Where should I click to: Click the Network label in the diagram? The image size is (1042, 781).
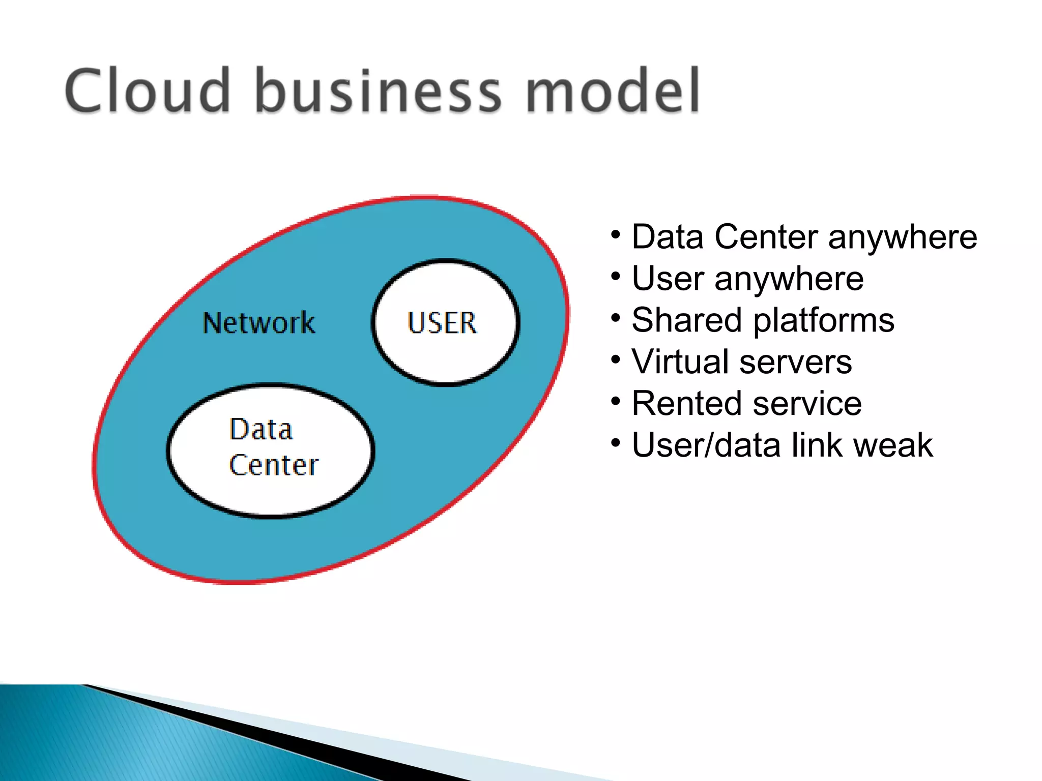pos(258,323)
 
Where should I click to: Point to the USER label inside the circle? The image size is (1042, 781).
pos(442,323)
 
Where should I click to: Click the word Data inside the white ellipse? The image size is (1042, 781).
pos(261,430)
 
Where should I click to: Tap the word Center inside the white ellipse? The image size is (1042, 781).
pos(274,465)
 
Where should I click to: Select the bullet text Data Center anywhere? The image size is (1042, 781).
pos(804,237)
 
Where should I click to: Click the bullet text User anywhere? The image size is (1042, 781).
pos(747,279)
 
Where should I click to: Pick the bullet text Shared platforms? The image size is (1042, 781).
pos(763,320)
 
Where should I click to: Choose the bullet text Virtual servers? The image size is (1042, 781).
pos(741,362)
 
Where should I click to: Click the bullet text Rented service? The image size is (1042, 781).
pos(746,404)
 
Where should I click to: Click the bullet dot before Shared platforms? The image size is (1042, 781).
pos(616,318)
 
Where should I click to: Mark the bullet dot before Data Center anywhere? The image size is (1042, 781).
pos(616,235)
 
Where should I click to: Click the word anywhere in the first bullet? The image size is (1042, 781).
pos(903,238)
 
